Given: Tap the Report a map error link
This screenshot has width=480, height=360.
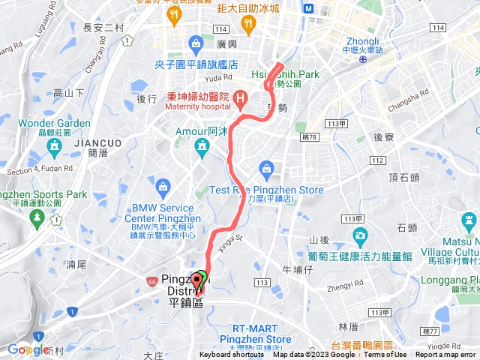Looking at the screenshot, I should tap(447, 355).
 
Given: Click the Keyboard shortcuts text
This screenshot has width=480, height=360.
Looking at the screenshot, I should tap(232, 355).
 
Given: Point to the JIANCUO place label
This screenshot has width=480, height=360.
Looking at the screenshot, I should tap(89, 140).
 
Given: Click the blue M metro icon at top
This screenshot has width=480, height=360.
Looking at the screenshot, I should tap(310, 8).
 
